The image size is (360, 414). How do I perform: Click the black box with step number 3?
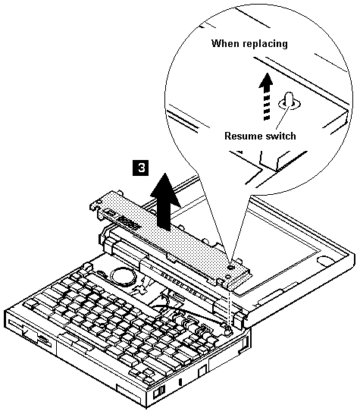(140, 168)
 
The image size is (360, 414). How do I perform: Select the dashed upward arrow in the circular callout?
(267, 96)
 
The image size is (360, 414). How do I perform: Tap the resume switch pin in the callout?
(289, 99)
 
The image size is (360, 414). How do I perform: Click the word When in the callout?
(225, 43)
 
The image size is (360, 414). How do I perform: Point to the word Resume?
(241, 136)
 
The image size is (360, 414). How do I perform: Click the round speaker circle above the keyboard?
(124, 278)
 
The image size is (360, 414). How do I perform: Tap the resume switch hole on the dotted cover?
(231, 268)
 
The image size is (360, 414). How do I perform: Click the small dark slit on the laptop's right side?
(180, 382)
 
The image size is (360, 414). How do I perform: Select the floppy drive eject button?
(43, 337)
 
